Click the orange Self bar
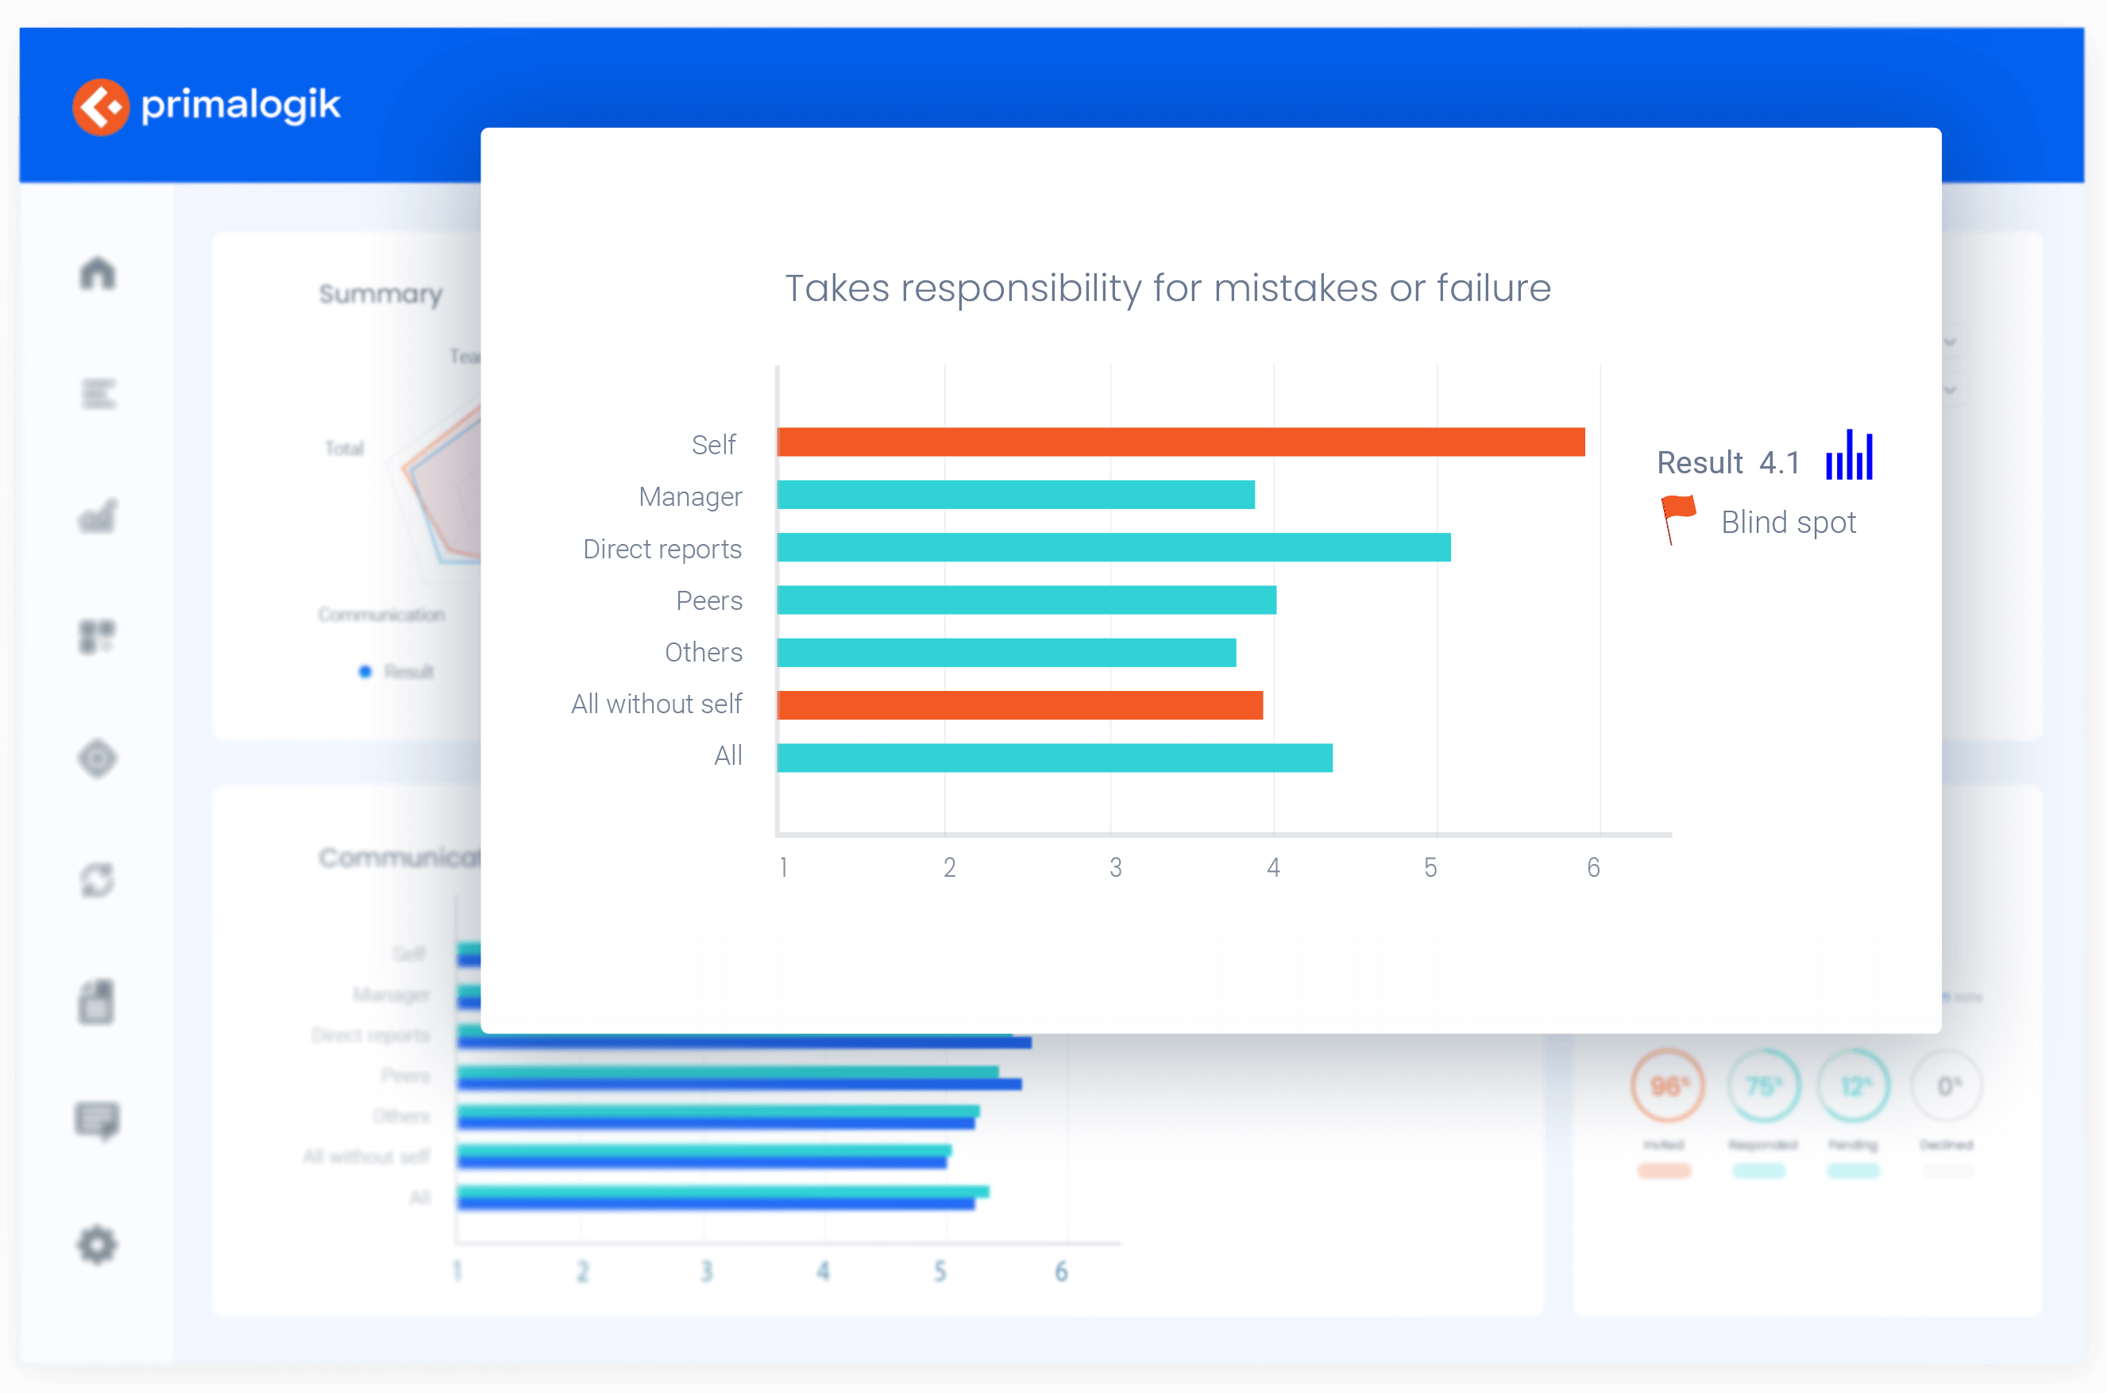pos(1179,442)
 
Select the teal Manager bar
pos(1015,495)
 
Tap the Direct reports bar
pos(1113,547)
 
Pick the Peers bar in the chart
pos(1026,600)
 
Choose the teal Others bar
pos(1005,653)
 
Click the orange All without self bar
pos(1019,705)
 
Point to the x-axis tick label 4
pos(1273,868)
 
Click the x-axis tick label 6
pos(1594,868)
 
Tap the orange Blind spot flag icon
pos(1677,518)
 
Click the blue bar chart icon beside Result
pos(1850,456)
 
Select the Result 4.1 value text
pos(1779,463)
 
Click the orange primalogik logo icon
pos(100,106)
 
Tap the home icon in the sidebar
pos(98,272)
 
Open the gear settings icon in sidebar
pos(97,1244)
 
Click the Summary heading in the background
pos(380,294)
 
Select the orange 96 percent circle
pos(1667,1086)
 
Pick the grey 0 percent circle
pos(1947,1086)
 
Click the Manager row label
pos(689,496)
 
